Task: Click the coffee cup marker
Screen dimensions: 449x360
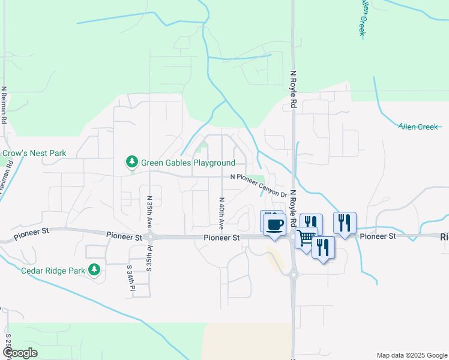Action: [275, 225]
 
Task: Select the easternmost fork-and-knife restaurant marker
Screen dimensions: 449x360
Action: [345, 223]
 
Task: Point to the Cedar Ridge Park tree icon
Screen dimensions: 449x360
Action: [94, 271]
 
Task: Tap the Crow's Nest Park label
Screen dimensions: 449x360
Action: [34, 154]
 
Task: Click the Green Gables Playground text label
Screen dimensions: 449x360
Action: [188, 163]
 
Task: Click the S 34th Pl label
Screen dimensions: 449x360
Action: [129, 278]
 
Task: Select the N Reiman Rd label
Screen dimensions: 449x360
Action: [4, 105]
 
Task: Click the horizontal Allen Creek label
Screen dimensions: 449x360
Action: [419, 127]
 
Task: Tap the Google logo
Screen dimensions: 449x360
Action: [20, 353]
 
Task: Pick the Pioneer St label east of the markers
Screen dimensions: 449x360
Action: [378, 236]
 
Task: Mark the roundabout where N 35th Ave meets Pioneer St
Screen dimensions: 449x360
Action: [149, 237]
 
